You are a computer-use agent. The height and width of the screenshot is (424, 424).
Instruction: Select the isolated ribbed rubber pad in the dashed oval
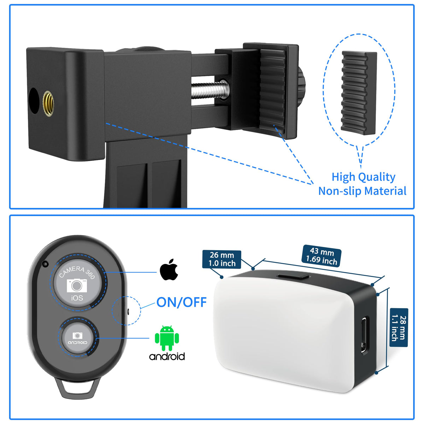(359, 93)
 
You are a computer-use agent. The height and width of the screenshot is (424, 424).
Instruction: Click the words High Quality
(363, 177)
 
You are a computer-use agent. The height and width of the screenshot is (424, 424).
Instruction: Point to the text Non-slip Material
(362, 191)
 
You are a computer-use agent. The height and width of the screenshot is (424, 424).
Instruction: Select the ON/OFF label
(181, 302)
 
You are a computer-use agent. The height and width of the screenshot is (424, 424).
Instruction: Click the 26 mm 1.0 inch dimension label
(222, 259)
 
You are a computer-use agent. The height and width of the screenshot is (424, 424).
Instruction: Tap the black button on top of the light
(293, 276)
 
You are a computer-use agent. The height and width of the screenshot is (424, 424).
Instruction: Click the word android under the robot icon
(167, 356)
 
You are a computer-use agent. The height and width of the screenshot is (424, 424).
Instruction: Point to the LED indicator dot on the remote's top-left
(45, 264)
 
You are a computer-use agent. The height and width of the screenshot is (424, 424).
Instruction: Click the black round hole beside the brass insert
(34, 101)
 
